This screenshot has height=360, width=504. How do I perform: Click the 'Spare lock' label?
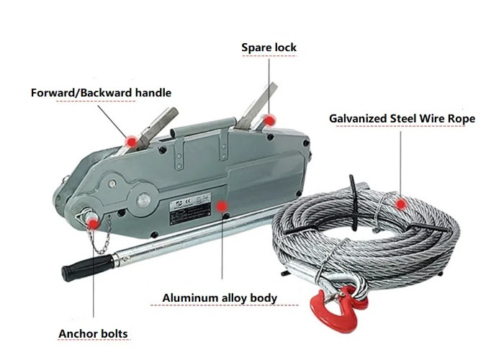(x=269, y=48)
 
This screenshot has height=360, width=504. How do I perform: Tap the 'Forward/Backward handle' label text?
(x=102, y=93)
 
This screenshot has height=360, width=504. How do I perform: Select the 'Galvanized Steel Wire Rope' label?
(x=402, y=118)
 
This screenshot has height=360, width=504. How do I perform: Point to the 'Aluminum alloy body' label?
(x=220, y=297)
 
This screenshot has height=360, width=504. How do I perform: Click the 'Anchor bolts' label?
(x=93, y=333)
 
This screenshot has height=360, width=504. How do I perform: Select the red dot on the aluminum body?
(x=226, y=207)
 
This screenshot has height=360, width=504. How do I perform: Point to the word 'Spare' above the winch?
(x=256, y=48)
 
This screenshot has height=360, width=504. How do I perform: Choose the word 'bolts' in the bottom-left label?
(x=112, y=333)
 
